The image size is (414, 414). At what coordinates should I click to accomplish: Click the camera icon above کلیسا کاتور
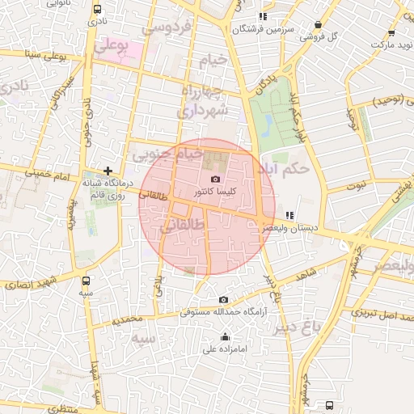(215, 180)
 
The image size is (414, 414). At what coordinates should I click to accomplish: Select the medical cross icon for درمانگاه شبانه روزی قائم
(108, 171)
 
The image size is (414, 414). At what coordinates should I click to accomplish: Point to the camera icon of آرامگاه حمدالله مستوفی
(224, 300)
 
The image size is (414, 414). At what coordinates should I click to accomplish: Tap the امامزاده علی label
(224, 349)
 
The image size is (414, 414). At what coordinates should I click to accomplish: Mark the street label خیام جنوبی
(165, 152)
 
